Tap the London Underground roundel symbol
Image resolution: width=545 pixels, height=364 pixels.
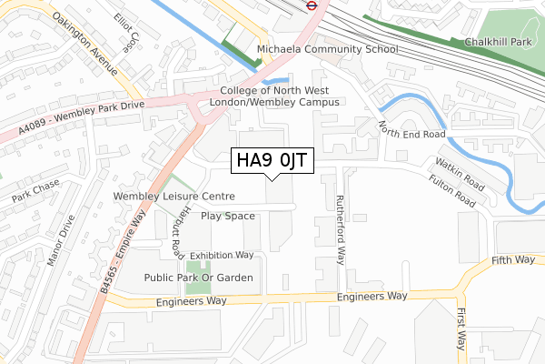pos(311,4)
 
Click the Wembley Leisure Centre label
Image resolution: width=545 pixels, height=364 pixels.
pos(173,196)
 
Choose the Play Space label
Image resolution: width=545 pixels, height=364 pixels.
pos(228,216)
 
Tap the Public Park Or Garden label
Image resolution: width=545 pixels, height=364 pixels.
pos(198,278)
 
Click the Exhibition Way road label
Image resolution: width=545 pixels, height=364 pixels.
pos(222,256)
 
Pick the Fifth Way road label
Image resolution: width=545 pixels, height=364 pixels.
pos(513,259)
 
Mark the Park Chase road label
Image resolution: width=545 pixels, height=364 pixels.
pos(34,189)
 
